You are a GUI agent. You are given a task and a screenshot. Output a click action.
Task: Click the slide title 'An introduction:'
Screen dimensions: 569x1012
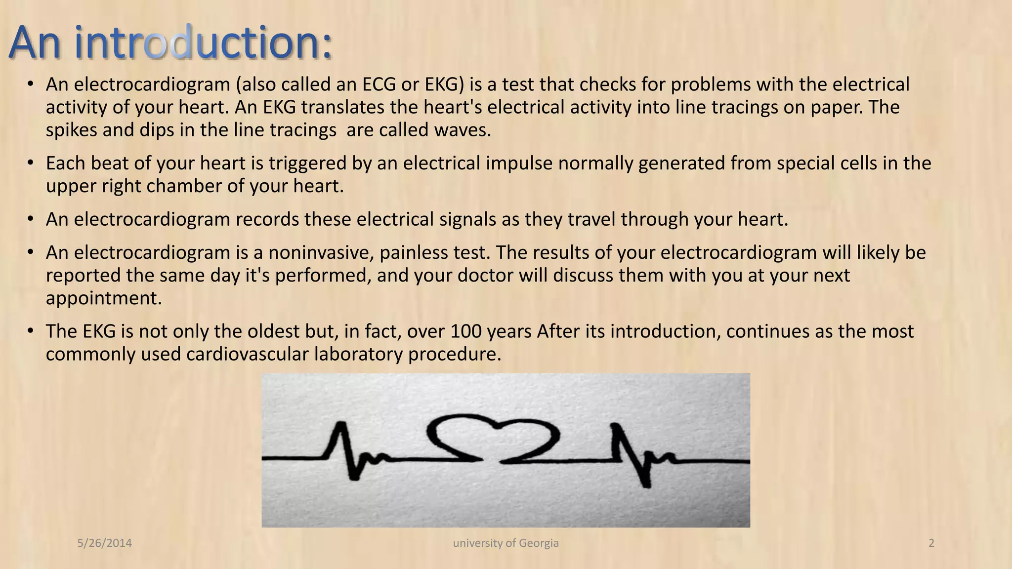(x=170, y=43)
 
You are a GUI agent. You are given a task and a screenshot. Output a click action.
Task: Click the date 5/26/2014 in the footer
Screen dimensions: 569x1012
(x=105, y=543)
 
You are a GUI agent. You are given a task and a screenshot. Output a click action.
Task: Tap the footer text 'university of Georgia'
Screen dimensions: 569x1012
(x=506, y=543)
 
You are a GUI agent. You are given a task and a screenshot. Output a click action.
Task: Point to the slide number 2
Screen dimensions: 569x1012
(x=931, y=543)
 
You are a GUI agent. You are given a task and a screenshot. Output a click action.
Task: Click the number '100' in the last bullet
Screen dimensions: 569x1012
(x=466, y=331)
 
